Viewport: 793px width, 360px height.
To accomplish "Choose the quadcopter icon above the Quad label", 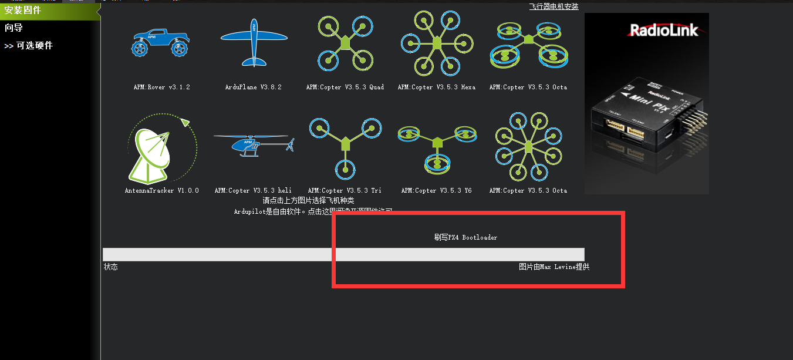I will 345,42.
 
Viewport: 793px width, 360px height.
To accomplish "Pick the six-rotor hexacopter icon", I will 436,42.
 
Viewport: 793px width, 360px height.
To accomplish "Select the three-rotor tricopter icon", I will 345,147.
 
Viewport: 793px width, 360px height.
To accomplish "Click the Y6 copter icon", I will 437,147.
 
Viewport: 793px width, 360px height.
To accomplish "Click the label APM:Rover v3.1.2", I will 161,87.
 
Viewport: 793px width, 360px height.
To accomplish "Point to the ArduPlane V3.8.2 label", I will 254,87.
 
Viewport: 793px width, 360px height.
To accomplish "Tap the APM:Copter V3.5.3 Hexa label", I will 436,87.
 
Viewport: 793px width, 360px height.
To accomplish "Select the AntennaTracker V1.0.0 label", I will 161,190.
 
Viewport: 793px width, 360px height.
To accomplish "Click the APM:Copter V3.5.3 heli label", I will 253,190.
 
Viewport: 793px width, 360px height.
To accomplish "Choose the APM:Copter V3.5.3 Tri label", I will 345,190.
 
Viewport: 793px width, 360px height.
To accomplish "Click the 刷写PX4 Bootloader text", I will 465,237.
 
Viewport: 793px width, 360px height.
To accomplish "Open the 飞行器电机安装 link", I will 554,6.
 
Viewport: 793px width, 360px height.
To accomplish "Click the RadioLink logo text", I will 664,30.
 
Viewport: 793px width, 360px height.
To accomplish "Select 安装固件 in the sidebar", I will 23,10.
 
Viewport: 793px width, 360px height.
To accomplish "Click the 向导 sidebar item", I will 14,28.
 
